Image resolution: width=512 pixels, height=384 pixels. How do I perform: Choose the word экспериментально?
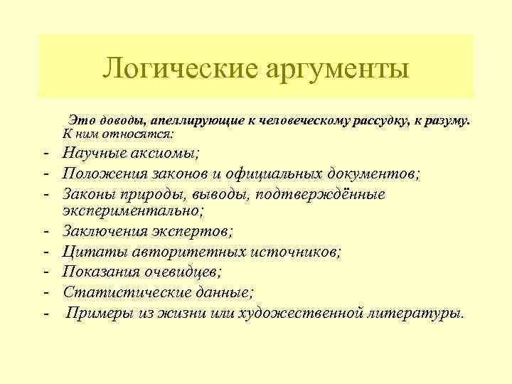(132, 211)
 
